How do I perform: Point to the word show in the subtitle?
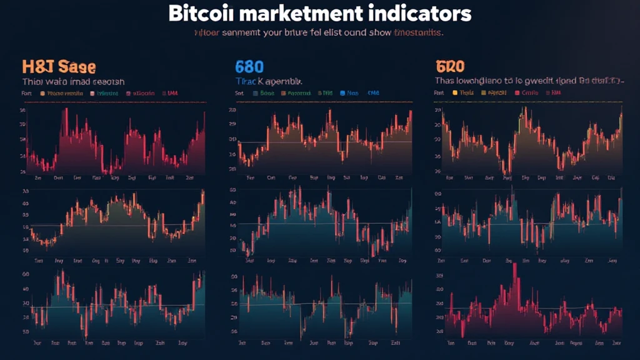[x=375, y=33]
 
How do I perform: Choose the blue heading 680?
[x=249, y=66]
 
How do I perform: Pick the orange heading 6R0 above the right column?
[x=449, y=66]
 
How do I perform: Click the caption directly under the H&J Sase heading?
[x=73, y=81]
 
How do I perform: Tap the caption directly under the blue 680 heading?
[x=269, y=81]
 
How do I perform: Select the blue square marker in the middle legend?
[x=342, y=93]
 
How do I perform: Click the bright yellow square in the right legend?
[x=454, y=93]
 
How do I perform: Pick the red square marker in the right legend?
[x=517, y=93]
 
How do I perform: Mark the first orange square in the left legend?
[x=42, y=93]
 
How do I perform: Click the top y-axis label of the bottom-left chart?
[x=25, y=274]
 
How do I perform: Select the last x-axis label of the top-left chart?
[x=189, y=177]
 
